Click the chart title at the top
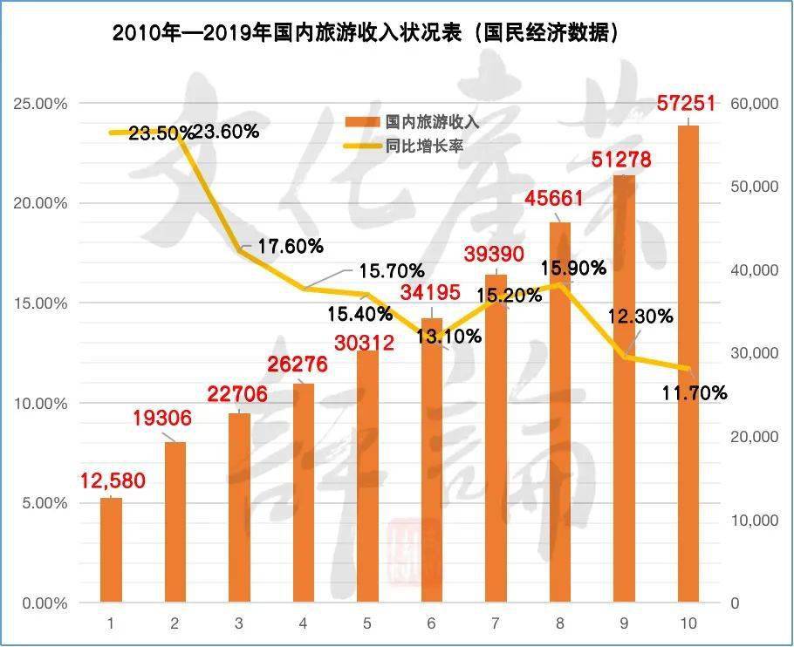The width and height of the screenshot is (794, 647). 366,33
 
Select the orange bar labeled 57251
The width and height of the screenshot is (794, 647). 688,366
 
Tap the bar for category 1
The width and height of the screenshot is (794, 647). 111,549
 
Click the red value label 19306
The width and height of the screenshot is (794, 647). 162,419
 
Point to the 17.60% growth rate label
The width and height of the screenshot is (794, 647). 291,247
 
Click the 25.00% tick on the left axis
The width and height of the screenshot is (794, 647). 41,104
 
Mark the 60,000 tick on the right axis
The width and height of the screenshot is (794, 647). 752,104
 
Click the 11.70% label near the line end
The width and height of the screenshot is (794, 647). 695,393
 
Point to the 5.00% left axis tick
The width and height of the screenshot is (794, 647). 44,503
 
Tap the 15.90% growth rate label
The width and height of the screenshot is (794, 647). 573,269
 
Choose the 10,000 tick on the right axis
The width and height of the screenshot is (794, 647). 752,521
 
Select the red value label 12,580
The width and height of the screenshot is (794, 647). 113,480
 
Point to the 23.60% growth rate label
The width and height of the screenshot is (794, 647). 226,133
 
